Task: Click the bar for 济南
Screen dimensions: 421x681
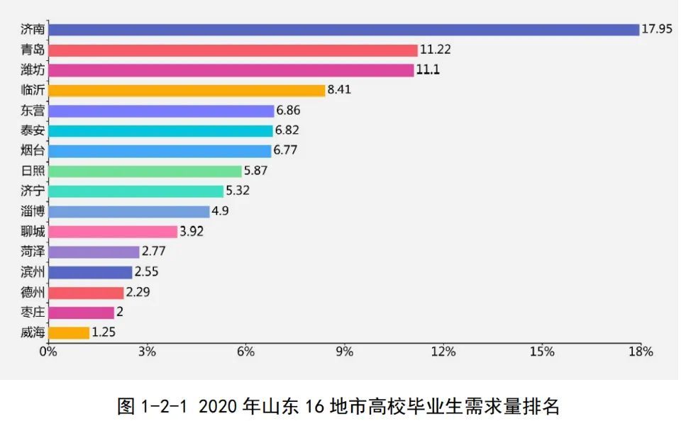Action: click(344, 30)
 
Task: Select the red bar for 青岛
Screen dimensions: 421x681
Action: click(233, 50)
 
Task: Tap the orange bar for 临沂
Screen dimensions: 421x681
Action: click(187, 90)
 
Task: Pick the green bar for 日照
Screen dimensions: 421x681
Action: click(145, 171)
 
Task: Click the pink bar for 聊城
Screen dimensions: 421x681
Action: click(113, 232)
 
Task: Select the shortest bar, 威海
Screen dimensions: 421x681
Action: click(69, 332)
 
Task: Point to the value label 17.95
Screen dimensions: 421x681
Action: click(658, 30)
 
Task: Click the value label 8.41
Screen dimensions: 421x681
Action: click(339, 90)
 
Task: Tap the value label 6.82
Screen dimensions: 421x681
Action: click(287, 130)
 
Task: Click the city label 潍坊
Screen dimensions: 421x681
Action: click(33, 70)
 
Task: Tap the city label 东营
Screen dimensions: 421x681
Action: click(33, 111)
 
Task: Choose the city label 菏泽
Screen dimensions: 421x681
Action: click(33, 252)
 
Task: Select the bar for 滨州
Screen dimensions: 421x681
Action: click(90, 272)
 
